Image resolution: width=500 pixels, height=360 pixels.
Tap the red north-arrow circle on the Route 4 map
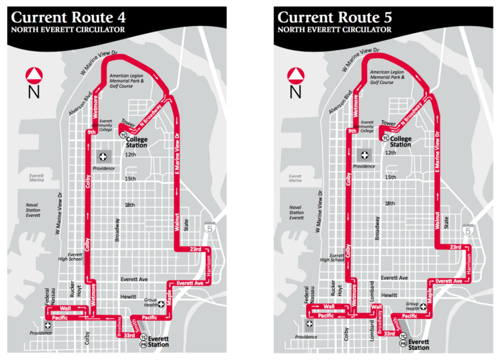point(34,75)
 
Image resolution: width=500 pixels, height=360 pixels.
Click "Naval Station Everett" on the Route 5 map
point(296,212)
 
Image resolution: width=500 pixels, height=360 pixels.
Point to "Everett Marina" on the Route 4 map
point(32,179)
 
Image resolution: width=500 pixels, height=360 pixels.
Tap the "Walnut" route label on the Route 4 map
point(175,221)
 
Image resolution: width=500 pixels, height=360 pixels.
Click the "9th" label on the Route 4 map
point(91,132)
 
